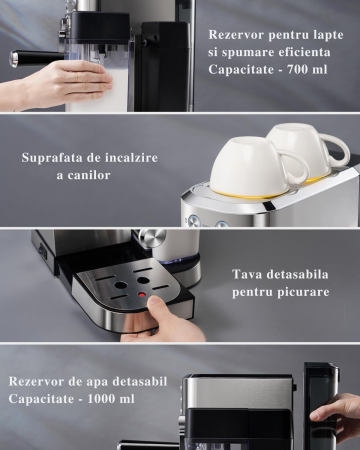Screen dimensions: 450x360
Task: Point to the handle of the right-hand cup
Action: click(336, 151)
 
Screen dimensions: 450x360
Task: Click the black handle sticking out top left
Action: click(35, 59)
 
